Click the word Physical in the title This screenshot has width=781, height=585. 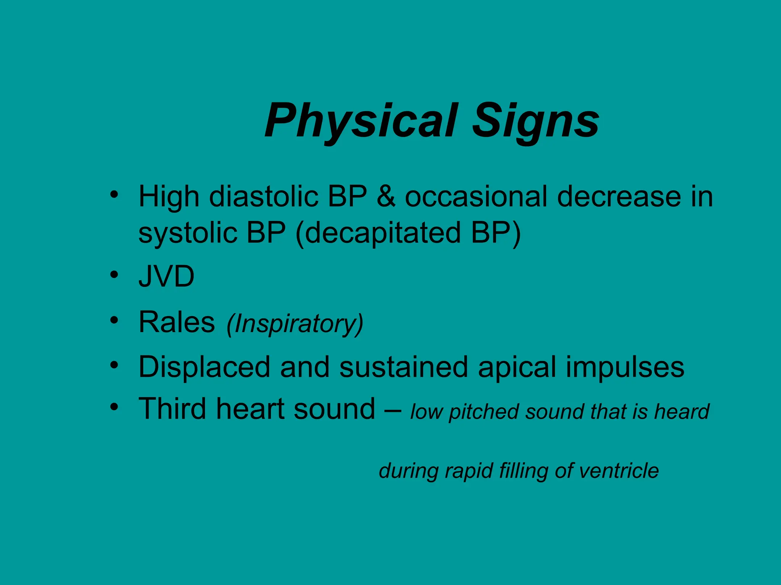coord(361,121)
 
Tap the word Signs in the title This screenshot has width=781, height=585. coord(535,121)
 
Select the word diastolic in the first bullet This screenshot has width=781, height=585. coord(264,197)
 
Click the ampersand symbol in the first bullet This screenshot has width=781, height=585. coord(386,197)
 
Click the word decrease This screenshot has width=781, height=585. coord(619,197)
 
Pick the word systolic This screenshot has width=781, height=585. coord(188,233)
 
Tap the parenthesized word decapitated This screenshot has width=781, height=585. coord(382,233)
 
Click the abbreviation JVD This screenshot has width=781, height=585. coord(166,277)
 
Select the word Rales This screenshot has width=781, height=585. coord(177,322)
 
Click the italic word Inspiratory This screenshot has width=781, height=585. coord(295,324)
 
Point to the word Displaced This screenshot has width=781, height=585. coord(204,367)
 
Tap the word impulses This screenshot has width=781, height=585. coord(625,367)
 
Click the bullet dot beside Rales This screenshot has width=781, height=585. coord(114,320)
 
